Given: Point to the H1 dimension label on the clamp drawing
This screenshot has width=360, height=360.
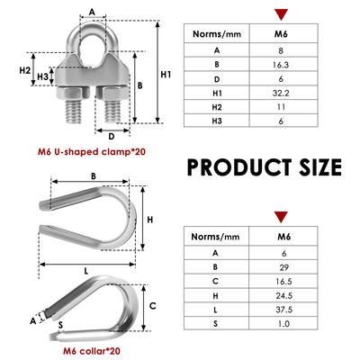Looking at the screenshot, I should click(166, 75).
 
